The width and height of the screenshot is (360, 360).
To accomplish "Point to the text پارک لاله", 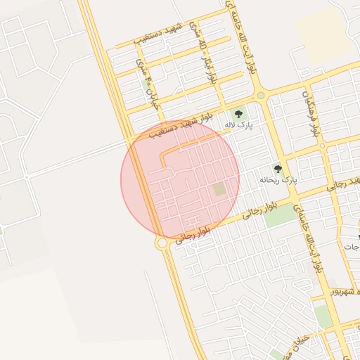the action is coord(238,124).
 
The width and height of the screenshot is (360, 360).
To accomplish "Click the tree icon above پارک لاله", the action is coord(238,113).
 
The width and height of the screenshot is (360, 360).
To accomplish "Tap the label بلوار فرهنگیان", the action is coord(311,112).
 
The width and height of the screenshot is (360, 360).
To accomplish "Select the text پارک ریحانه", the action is coord(278,180).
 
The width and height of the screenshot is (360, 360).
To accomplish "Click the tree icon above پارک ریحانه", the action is coord(278,169).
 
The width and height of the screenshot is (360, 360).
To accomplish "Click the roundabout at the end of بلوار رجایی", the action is coord(162,243).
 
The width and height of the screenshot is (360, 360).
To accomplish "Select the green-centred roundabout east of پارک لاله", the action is coord(261,95).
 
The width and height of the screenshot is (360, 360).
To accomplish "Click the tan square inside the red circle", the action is coord(220,189).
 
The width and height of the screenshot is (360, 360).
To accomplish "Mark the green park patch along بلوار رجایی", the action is coord(281,215).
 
